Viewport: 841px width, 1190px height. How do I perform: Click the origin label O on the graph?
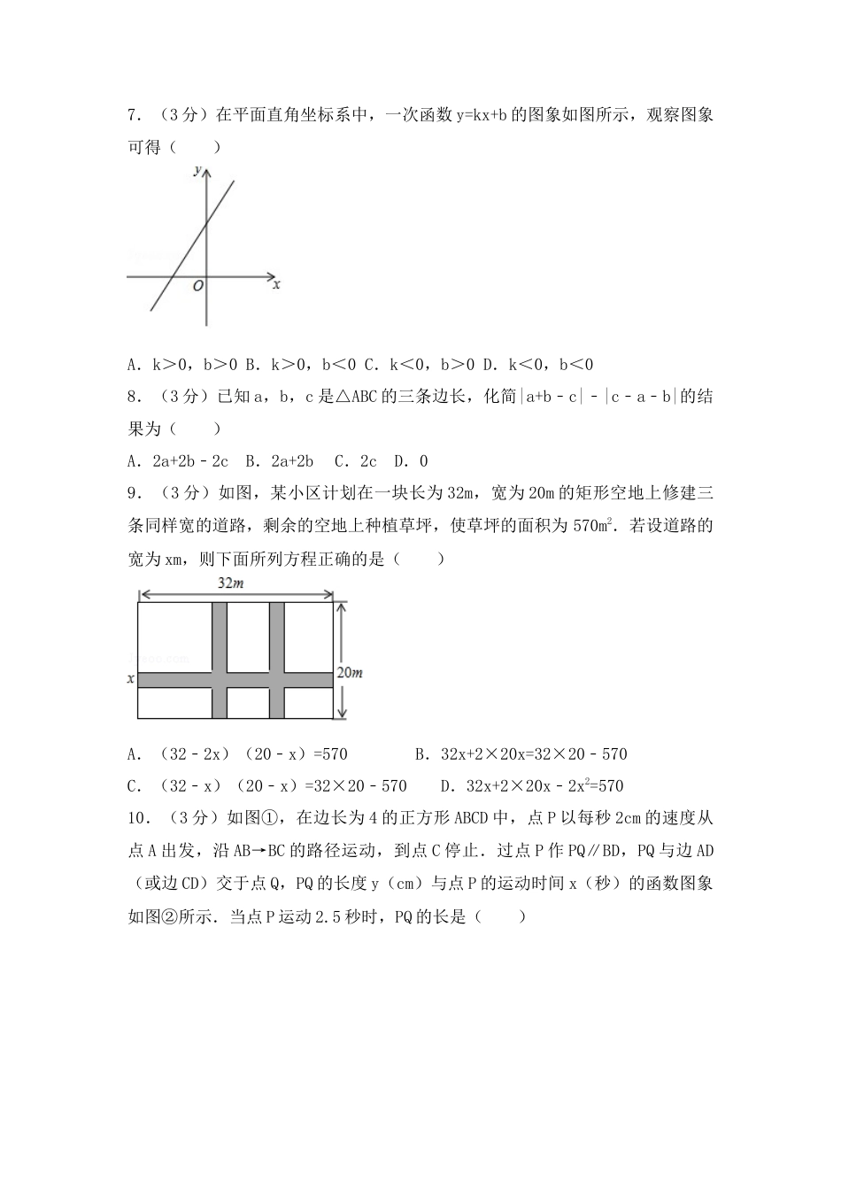197,286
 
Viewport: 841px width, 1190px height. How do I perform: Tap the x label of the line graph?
276,285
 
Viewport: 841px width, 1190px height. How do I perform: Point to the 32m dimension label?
230,583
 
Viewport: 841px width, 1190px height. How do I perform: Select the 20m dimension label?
351,673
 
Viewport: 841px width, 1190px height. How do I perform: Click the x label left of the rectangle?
131,679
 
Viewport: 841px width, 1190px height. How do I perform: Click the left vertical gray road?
220,660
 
